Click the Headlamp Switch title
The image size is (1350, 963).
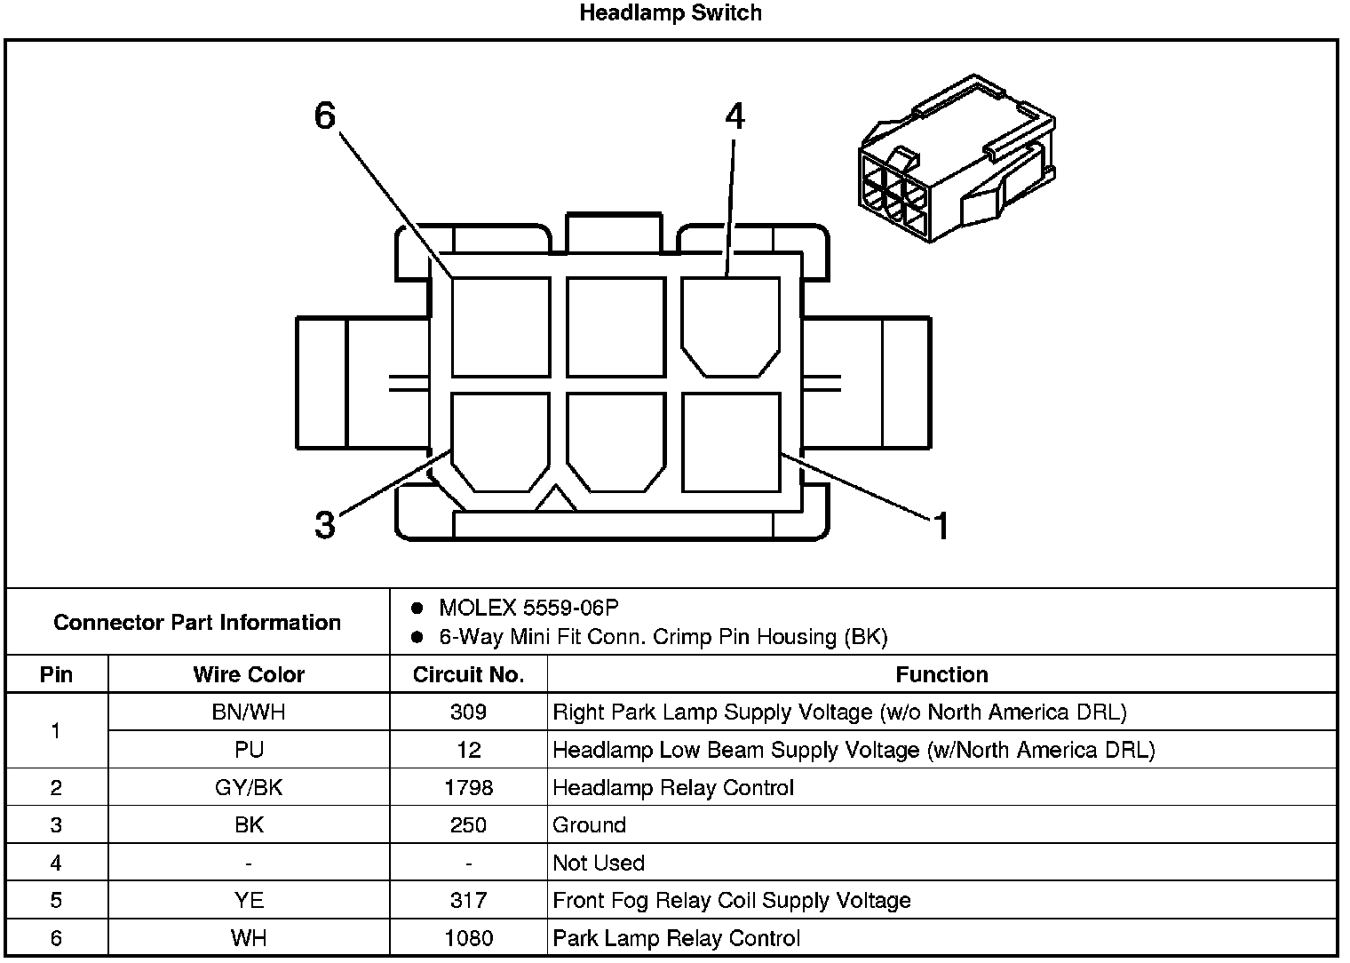pos(670,13)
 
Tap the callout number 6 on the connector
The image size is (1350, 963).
pos(325,115)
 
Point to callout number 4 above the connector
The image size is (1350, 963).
pos(735,116)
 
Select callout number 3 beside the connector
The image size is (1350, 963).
pos(325,525)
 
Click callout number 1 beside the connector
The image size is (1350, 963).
pos(941,527)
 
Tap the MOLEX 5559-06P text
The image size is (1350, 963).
pos(528,608)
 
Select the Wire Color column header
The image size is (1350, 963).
pos(249,674)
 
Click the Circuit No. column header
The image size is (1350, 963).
pos(468,674)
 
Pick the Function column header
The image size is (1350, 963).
pos(941,674)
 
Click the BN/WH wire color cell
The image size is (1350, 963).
pos(249,712)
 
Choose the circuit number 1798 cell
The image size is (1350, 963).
pos(468,787)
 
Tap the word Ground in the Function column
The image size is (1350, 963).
pos(589,824)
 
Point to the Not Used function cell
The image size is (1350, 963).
pos(599,863)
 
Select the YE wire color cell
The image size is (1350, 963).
pos(249,900)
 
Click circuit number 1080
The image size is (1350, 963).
pos(468,938)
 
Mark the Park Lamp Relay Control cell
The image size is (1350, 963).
pos(676,938)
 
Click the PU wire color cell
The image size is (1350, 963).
pos(249,750)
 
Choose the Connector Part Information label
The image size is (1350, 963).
pos(197,622)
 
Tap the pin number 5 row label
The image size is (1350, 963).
pos(56,900)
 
